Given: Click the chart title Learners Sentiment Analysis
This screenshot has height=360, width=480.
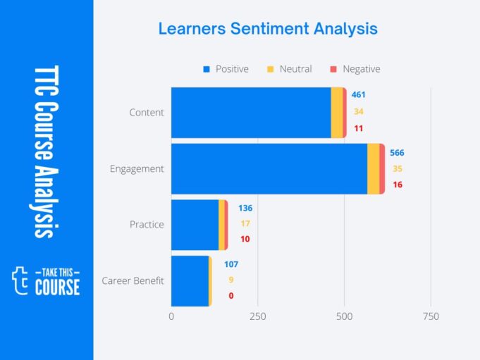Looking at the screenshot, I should pos(267,29).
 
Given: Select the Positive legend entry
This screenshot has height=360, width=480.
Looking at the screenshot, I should pos(226,69).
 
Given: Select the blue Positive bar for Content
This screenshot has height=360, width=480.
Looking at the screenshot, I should pos(251,113).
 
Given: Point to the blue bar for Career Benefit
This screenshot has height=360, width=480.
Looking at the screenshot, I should pos(190,280).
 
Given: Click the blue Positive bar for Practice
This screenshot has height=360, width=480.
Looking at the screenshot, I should pos(195,225).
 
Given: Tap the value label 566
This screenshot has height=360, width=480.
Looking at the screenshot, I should pos(398,153).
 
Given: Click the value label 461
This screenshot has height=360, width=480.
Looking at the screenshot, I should pos(359,94).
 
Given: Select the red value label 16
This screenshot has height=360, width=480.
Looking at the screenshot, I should pos(398,185).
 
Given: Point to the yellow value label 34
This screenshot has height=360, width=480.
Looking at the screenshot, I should pos(359,111).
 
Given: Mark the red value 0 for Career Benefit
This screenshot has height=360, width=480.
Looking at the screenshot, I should pos(230,296).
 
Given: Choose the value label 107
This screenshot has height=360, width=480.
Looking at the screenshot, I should pos(230,264).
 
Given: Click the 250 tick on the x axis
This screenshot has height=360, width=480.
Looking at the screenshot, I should pos(258,317).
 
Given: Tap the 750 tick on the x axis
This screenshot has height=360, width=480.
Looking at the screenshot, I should pos(430,317).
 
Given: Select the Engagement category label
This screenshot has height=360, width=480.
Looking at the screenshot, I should pos(137,169).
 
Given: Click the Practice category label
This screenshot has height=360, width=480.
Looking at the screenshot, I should pos(147,225).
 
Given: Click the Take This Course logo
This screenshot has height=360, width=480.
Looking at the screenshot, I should pos(47,280).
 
